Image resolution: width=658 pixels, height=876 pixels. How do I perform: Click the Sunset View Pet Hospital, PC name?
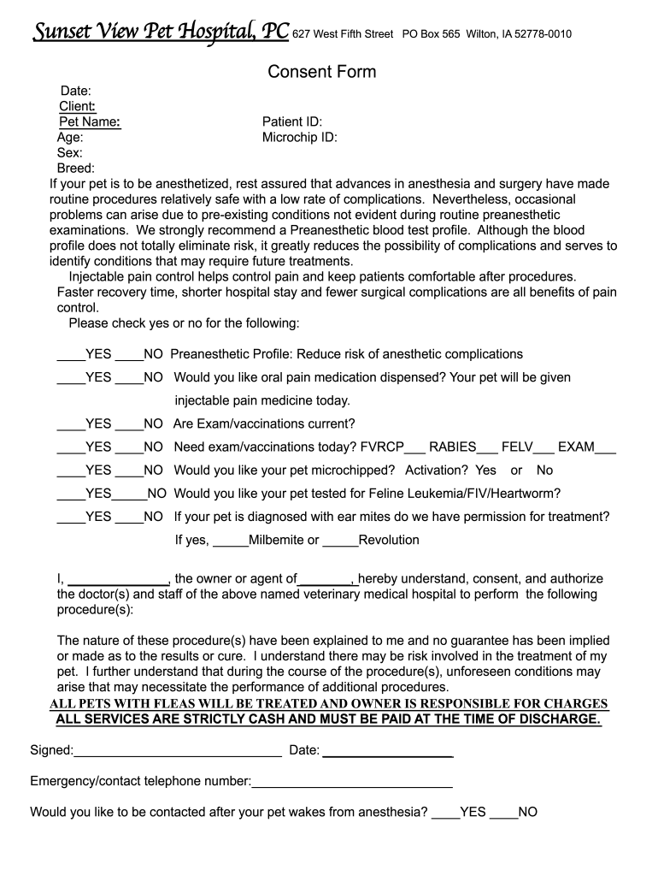pyautogui.click(x=161, y=33)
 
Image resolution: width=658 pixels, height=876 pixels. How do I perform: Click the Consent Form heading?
pyautogui.click(x=321, y=72)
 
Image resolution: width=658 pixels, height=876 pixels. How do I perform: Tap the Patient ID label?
pyautogui.click(x=291, y=122)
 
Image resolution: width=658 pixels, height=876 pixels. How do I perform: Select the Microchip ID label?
pyautogui.click(x=299, y=137)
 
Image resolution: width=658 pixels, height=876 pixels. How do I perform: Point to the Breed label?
pyautogui.click(x=75, y=169)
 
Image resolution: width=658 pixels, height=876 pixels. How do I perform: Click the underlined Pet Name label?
pyautogui.click(x=89, y=122)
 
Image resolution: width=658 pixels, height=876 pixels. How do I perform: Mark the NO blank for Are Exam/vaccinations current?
pyautogui.click(x=128, y=425)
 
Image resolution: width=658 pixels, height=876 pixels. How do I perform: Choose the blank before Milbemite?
pyautogui.click(x=229, y=542)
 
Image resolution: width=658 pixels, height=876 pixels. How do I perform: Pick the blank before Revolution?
pyautogui.click(x=340, y=542)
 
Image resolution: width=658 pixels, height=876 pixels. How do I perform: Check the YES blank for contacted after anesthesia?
pyautogui.click(x=445, y=814)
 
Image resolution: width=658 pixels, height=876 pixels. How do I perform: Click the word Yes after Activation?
pyautogui.click(x=485, y=471)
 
